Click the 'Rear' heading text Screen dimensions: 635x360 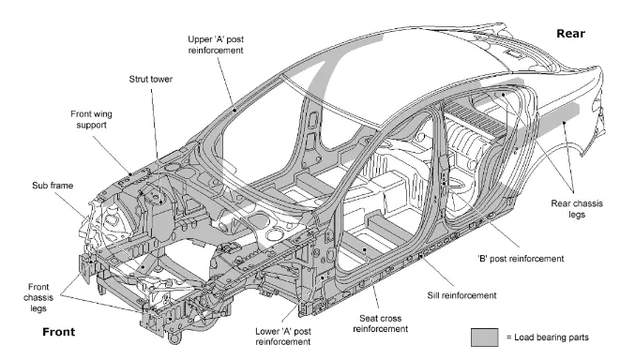click(570, 34)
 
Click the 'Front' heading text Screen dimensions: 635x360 click(59, 332)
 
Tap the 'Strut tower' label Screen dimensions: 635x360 click(151, 80)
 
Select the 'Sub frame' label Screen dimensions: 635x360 click(53, 186)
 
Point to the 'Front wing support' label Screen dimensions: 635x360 click(92, 119)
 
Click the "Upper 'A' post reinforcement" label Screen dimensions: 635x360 click(216, 45)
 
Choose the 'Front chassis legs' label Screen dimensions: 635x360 click(38, 297)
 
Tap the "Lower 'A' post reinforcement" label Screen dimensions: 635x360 click(283, 337)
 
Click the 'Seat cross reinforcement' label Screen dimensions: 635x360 click(380, 323)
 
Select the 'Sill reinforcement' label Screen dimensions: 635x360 click(461, 295)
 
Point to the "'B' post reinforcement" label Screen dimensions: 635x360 click(521, 259)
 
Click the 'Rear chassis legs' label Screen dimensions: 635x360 click(577, 208)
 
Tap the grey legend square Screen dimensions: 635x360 click(484, 337)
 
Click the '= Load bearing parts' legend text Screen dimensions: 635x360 click(548, 337)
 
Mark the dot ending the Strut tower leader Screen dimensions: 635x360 click(161, 202)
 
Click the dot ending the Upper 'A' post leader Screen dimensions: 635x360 click(234, 110)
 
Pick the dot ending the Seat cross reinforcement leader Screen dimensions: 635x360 click(365, 250)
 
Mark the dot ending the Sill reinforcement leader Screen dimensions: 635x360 click(421, 256)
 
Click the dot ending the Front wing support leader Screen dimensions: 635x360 click(130, 175)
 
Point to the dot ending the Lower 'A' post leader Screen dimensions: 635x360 click(323, 277)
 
